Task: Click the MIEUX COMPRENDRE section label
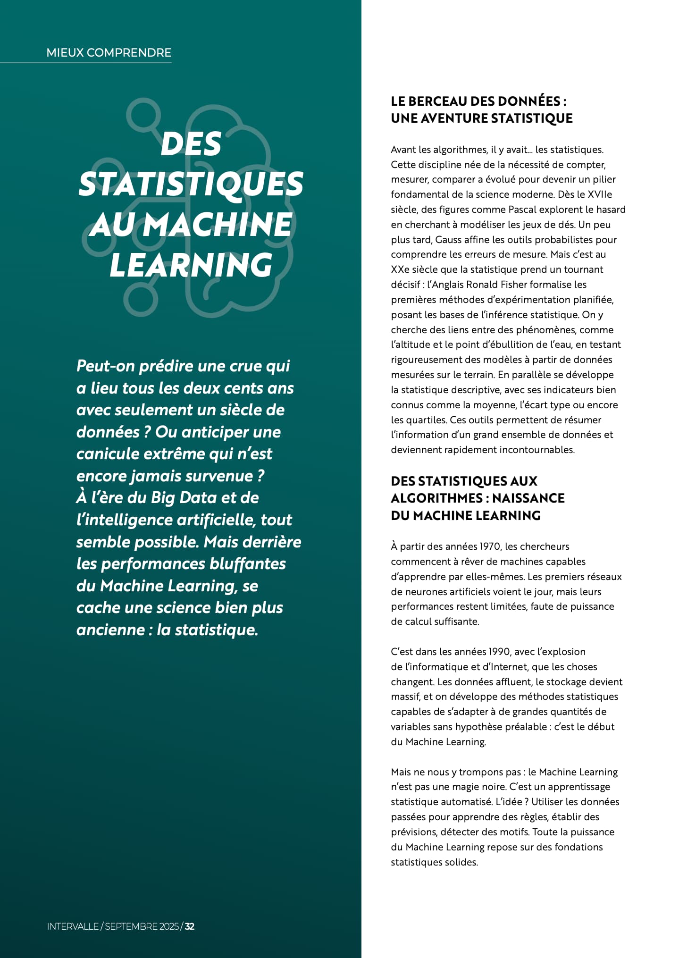[x=109, y=52]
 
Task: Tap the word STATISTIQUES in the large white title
[x=191, y=184]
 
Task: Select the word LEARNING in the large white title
[x=191, y=265]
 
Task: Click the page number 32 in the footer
[x=190, y=926]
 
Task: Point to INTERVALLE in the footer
[x=73, y=926]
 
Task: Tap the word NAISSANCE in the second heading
[x=528, y=498]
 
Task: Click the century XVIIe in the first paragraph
[x=600, y=194]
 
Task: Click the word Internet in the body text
[x=507, y=666]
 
